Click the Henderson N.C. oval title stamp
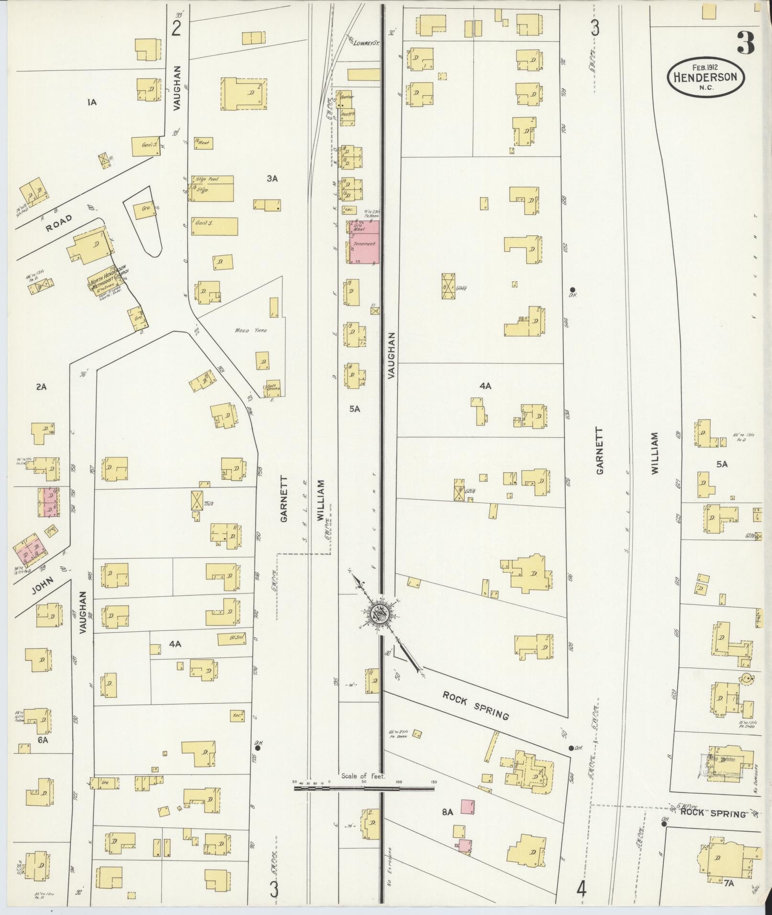pyautogui.click(x=705, y=75)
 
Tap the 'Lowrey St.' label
pyautogui.click(x=366, y=44)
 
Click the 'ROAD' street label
pyautogui.click(x=59, y=222)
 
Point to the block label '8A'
pyautogui.click(x=447, y=811)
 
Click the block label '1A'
pyautogui.click(x=92, y=102)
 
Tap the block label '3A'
pyautogui.click(x=272, y=178)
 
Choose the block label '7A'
pyautogui.click(x=728, y=884)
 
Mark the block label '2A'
pyautogui.click(x=41, y=387)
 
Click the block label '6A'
pyautogui.click(x=43, y=754)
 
